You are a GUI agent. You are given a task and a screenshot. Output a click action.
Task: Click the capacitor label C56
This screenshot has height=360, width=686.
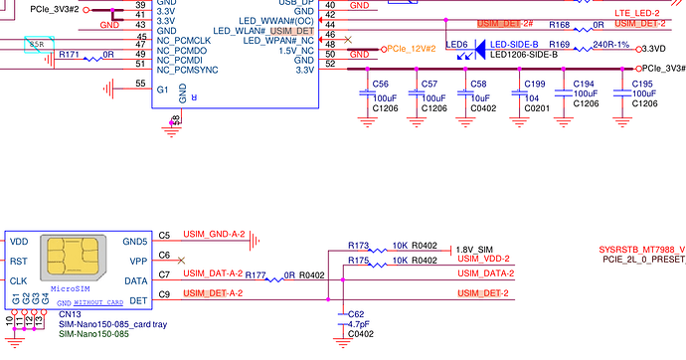pos(379,85)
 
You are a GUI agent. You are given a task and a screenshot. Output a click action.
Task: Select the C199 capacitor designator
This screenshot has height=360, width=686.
pos(535,85)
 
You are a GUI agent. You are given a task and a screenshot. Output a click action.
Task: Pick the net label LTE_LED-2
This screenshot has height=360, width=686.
pos(638,11)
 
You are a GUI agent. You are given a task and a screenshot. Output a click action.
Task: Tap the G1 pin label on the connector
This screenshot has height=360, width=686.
pos(162,90)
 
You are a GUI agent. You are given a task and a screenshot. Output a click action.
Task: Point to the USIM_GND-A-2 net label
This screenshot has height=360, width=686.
pos(211,235)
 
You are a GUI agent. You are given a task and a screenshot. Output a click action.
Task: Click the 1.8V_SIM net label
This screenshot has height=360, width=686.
pos(473,249)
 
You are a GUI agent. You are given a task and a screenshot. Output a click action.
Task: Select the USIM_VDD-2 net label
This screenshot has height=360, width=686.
pos(485,260)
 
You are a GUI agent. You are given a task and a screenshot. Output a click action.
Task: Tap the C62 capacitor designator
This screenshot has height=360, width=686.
pos(356,314)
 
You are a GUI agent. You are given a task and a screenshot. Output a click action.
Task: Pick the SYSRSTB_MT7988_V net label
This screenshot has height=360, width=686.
pos(641,248)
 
